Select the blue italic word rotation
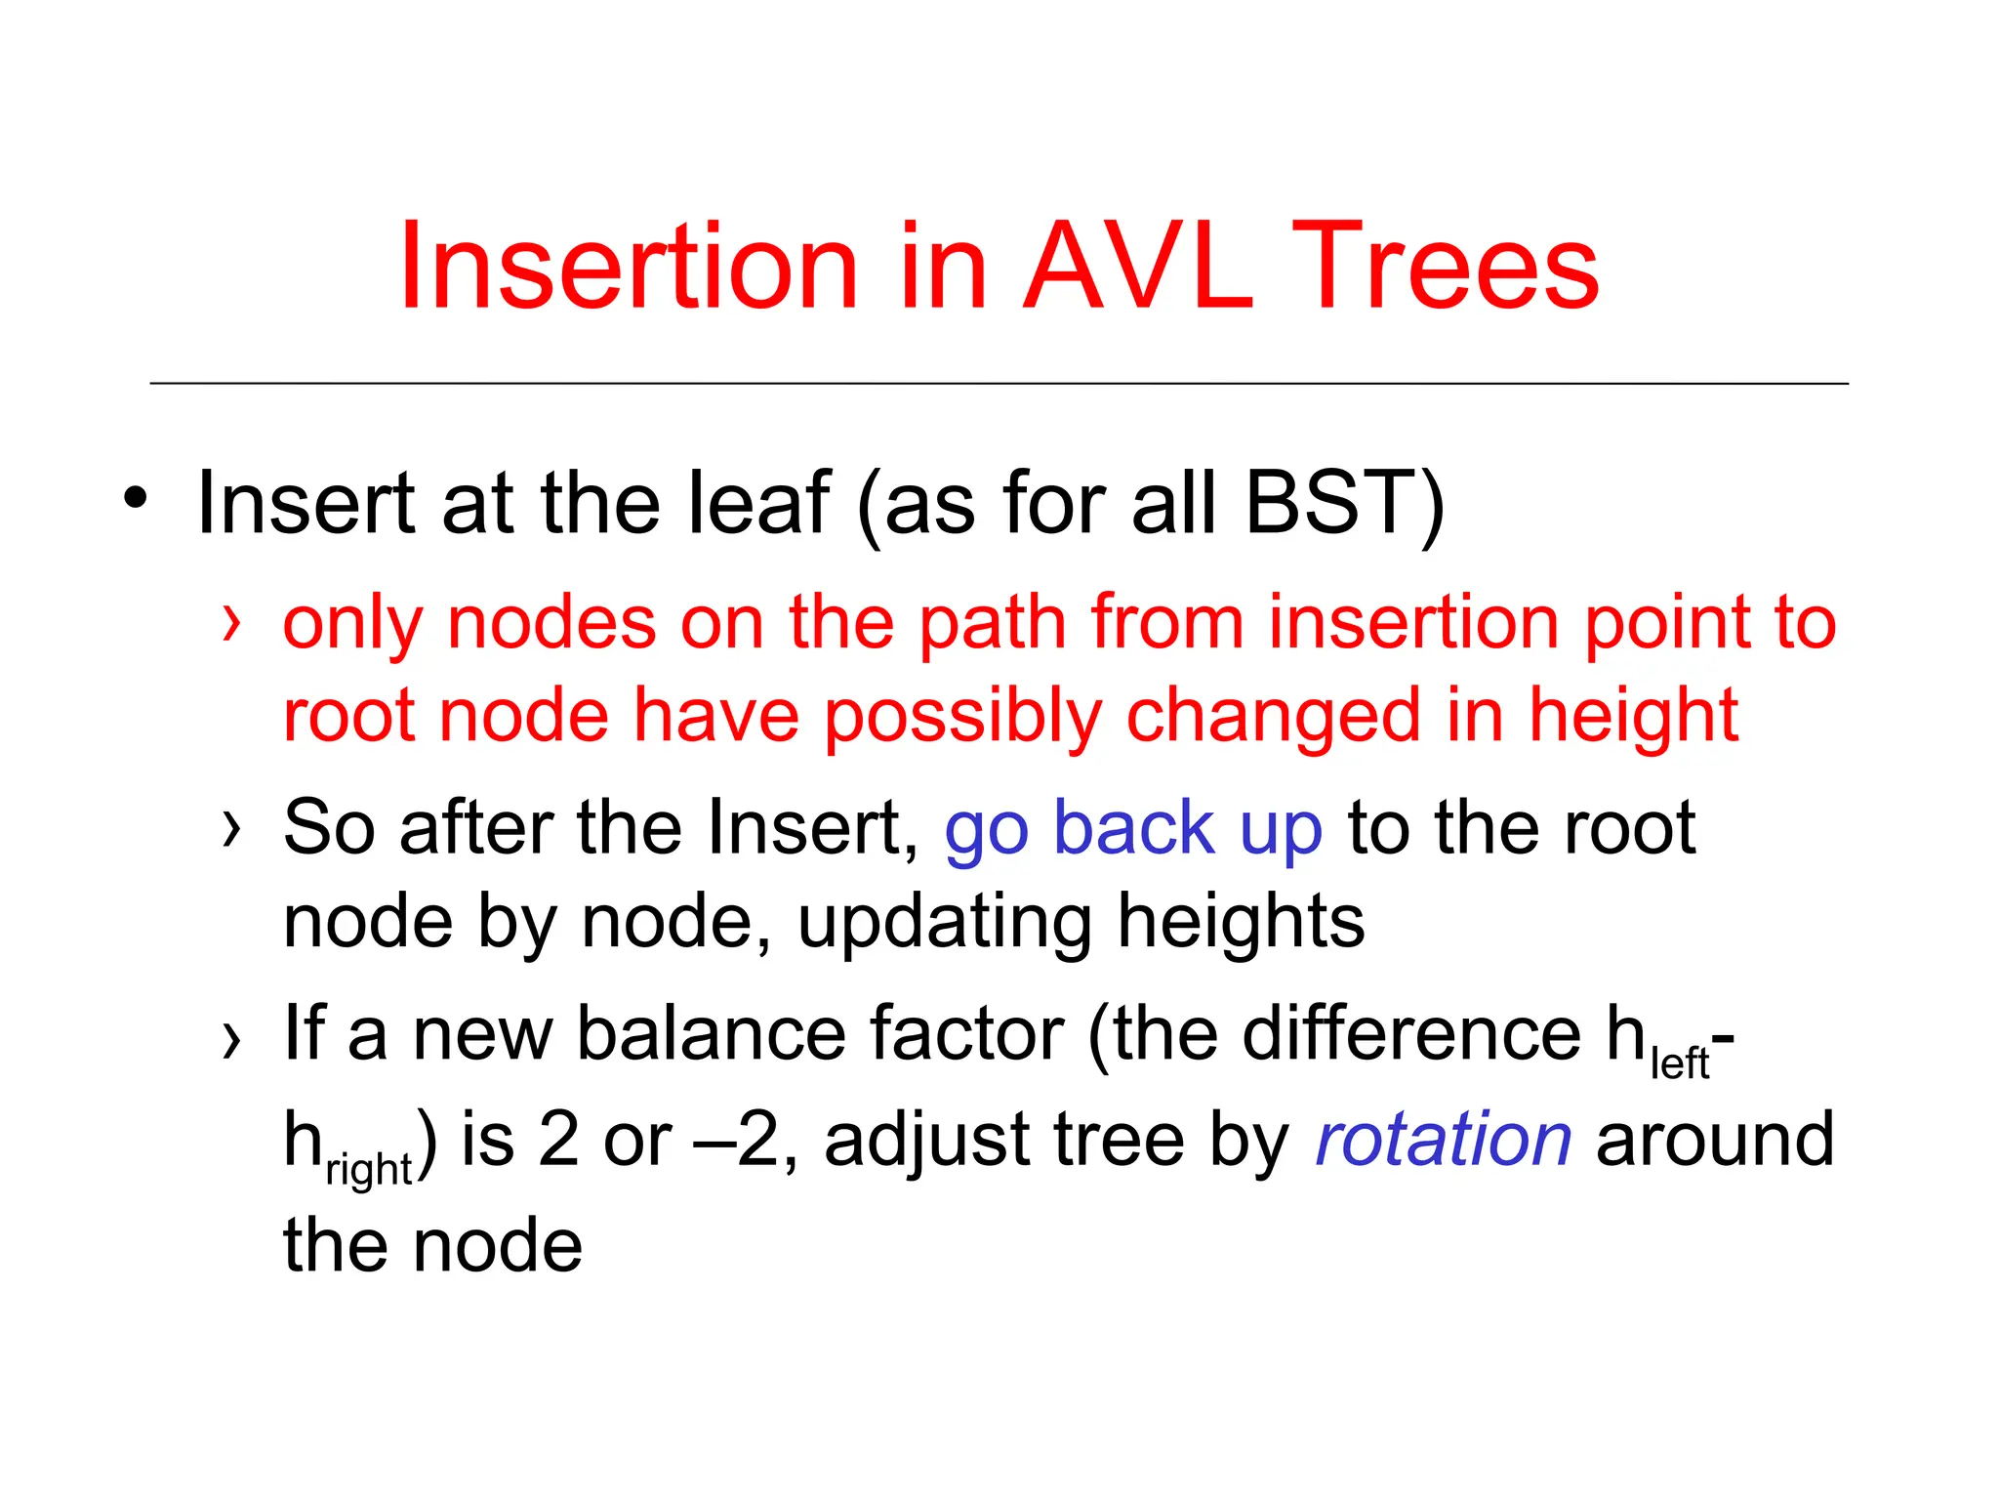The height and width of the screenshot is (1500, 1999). tap(1443, 1140)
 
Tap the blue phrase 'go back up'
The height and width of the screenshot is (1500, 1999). tap(1133, 829)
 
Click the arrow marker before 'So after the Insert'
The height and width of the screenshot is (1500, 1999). tap(231, 829)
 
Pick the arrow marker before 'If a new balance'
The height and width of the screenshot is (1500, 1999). tap(231, 1039)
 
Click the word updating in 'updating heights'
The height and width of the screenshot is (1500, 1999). tap(944, 923)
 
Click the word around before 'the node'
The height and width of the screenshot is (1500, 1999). tap(1714, 1140)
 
